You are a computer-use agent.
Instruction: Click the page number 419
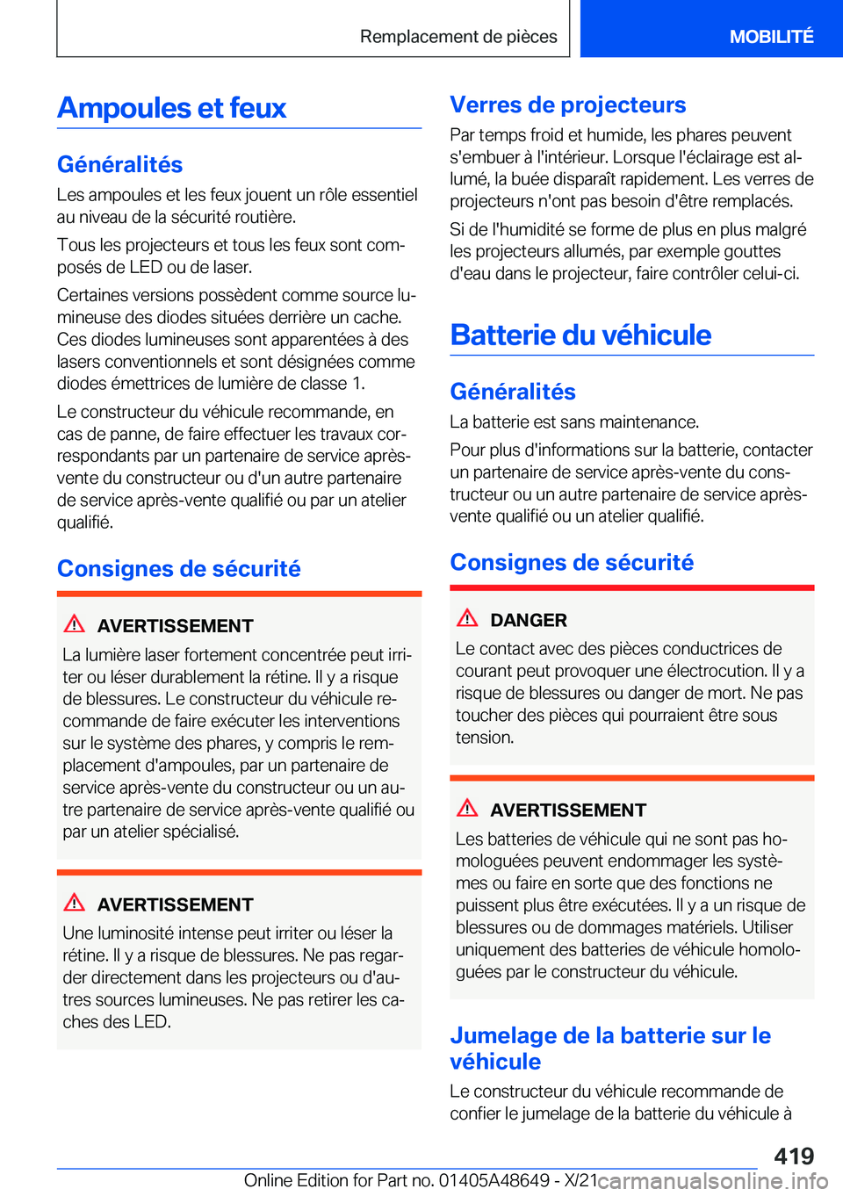[794, 1156]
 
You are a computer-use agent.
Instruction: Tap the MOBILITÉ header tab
[771, 36]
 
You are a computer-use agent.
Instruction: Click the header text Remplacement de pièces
[458, 36]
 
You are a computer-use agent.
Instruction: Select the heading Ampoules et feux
[172, 108]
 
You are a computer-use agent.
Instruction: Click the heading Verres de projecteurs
[567, 104]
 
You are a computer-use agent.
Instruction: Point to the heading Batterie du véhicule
[580, 335]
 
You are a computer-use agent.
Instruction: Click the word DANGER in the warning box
[529, 620]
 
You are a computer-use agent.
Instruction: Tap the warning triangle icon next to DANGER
[467, 618]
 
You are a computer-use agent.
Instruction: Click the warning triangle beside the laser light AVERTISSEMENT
[75, 624]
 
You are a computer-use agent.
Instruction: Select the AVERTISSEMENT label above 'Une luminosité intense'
[175, 904]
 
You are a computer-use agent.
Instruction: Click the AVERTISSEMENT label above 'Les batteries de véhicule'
[568, 810]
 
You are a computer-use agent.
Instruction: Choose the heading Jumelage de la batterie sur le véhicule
[609, 1048]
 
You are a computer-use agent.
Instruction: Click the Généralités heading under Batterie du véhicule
[513, 392]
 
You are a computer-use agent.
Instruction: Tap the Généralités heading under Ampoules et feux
[120, 164]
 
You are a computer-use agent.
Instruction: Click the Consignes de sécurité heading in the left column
[179, 568]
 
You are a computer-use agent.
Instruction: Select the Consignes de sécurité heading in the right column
[572, 562]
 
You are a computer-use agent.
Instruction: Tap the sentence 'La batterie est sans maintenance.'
[574, 421]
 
